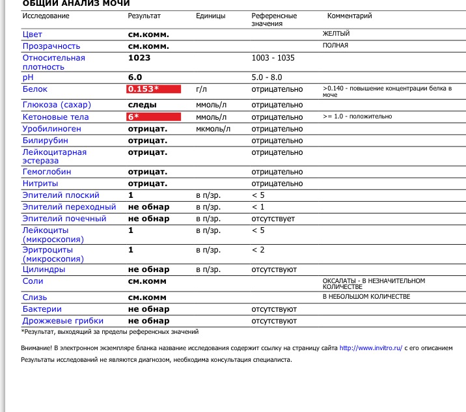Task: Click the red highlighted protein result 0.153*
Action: tap(152, 89)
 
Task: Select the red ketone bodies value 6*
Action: tap(152, 117)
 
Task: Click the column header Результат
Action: tap(144, 16)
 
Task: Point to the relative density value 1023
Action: tap(139, 58)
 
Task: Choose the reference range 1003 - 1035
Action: tap(273, 58)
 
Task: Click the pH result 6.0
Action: tap(135, 77)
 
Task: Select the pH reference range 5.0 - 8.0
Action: tap(267, 77)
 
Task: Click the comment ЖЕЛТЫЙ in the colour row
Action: tap(336, 34)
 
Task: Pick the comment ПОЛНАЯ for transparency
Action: tap(335, 46)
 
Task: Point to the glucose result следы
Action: tap(142, 105)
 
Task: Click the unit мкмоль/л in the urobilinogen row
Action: tap(213, 129)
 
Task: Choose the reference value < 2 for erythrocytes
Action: tap(258, 250)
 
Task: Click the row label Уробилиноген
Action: tap(51, 129)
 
